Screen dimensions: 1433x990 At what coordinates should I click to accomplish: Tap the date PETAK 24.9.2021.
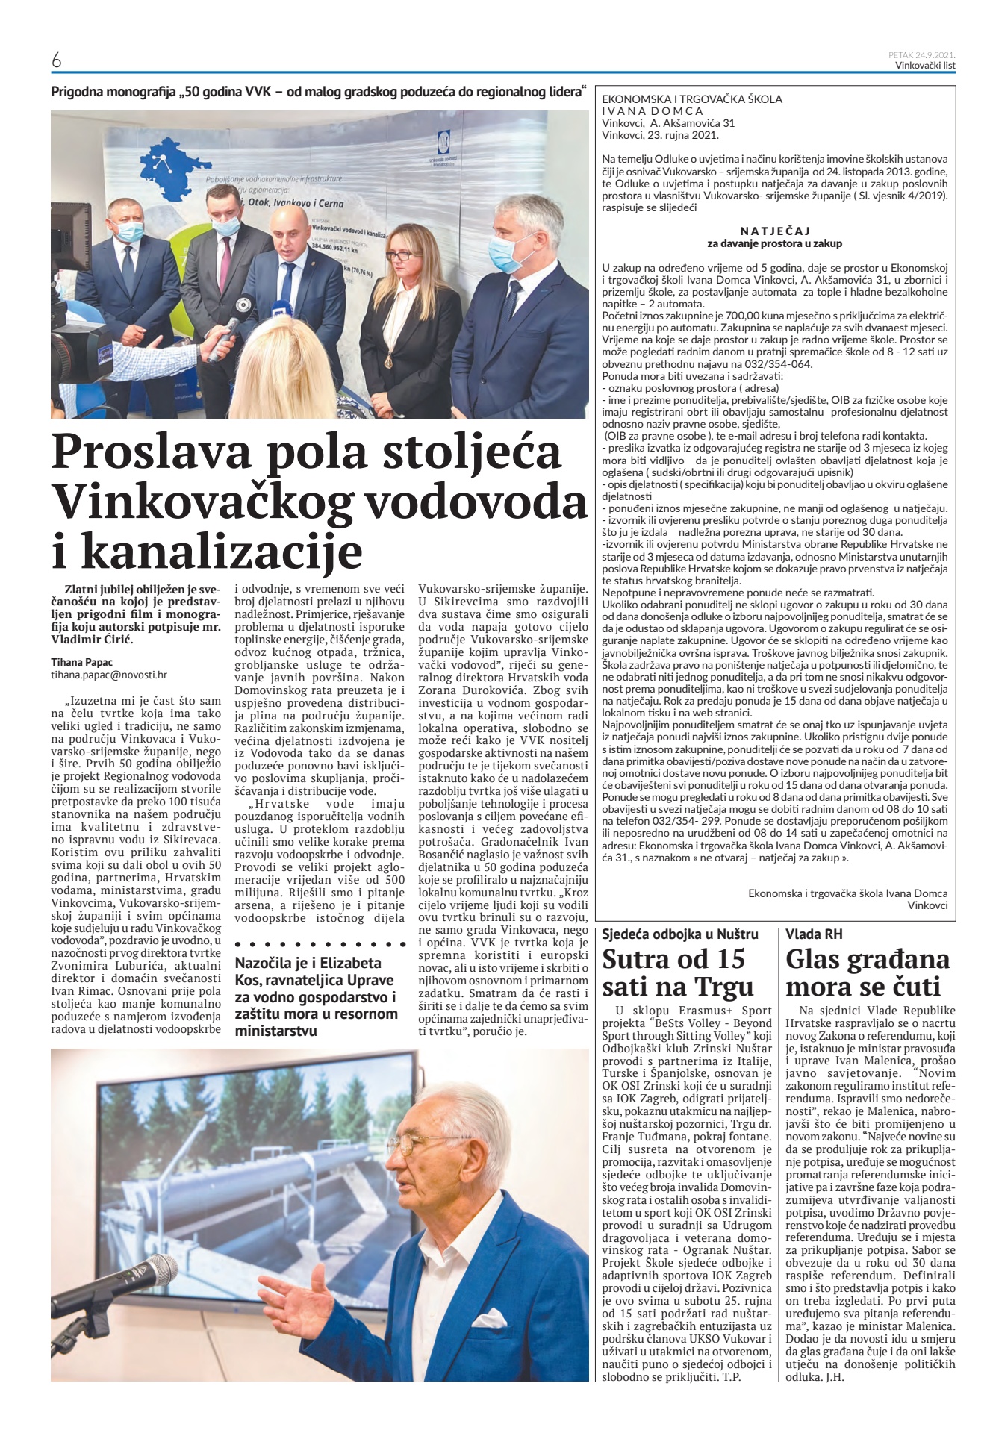pos(922,54)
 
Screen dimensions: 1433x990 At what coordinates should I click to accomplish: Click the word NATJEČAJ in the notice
pos(775,231)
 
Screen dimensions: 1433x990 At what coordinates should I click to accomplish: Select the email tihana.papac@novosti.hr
pos(109,674)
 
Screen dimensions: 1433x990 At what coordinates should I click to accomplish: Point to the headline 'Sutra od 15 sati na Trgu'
pos(674,972)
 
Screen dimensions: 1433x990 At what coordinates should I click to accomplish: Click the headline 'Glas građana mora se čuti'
pos(868,972)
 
